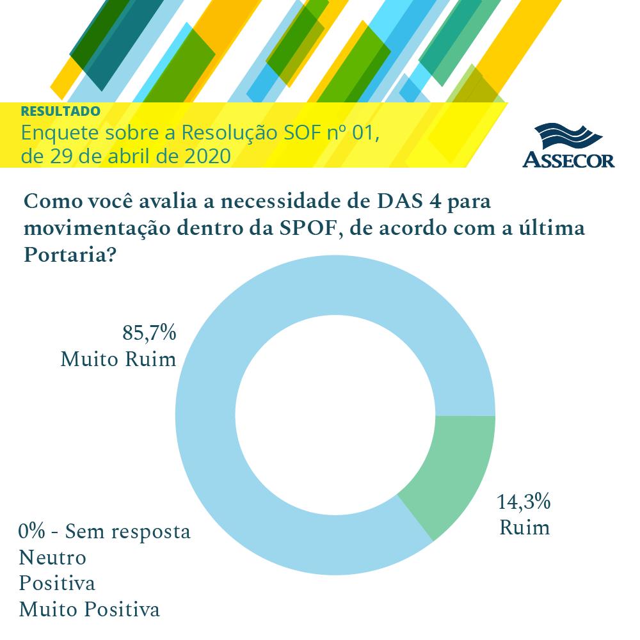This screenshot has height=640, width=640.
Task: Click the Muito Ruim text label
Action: pos(118,359)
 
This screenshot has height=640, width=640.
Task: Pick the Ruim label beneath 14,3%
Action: pos(524,528)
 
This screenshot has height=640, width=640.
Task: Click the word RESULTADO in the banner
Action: pos(60,111)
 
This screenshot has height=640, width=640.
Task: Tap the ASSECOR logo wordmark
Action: pos(568,159)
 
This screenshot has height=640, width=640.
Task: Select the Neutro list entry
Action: pos(52,557)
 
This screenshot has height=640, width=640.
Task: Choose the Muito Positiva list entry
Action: pos(89,609)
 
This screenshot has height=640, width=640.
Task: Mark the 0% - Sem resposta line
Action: pos(105,532)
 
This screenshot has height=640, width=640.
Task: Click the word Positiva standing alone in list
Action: pos(57,583)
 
